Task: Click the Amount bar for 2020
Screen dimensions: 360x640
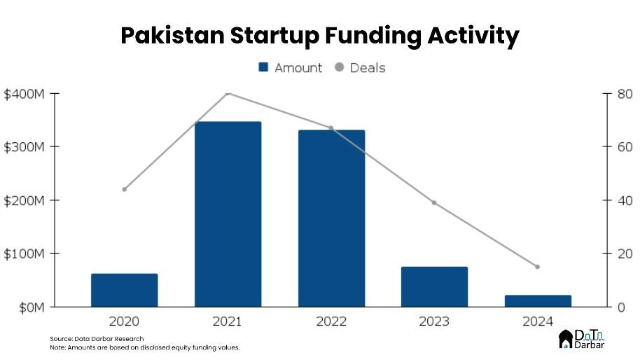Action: pos(125,290)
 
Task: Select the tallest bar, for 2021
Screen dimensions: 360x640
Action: pos(228,214)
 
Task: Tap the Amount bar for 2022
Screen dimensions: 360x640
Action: pos(331,218)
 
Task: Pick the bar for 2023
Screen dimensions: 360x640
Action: pos(434,286)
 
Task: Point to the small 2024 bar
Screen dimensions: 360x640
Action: pos(538,300)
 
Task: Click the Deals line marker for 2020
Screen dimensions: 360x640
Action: pos(125,189)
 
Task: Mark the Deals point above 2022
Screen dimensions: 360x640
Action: pos(331,128)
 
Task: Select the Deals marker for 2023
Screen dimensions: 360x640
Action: pos(434,202)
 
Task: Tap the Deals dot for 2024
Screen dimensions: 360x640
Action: pos(538,267)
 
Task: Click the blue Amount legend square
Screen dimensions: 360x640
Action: pos(264,68)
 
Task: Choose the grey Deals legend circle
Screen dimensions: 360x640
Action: pos(340,68)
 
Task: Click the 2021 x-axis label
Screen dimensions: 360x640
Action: pos(228,321)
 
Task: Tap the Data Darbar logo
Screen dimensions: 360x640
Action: pos(582,340)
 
